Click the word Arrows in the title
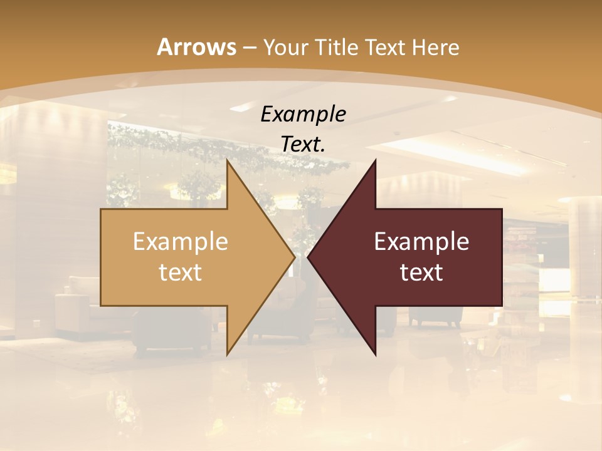[x=196, y=47]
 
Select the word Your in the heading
[x=285, y=48]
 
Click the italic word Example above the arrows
[x=303, y=114]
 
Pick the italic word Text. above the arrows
[x=303, y=144]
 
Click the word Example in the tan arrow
[x=181, y=242]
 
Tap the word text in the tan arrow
[x=181, y=272]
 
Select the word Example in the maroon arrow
[x=421, y=242]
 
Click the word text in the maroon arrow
[x=421, y=272]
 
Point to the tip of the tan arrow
[x=295, y=257]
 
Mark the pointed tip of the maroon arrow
[x=308, y=257]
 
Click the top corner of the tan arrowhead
[x=227, y=160]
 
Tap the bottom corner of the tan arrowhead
[x=227, y=355]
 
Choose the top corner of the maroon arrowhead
[x=375, y=160]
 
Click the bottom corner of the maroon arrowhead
[x=375, y=355]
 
